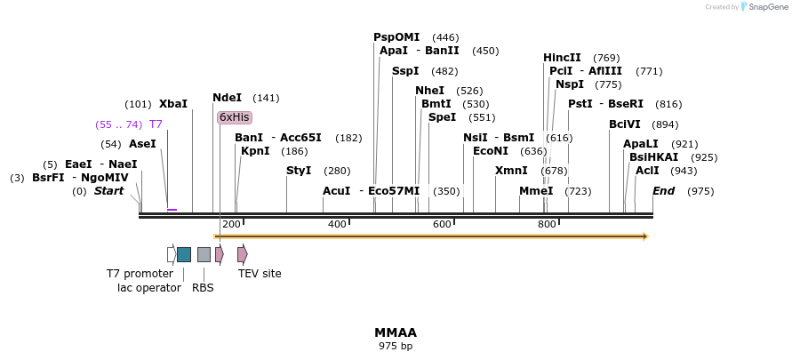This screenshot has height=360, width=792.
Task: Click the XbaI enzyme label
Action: pyautogui.click(x=173, y=104)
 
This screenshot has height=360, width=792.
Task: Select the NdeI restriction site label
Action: pyautogui.click(x=227, y=98)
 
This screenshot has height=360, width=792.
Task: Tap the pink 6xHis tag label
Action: pyautogui.click(x=235, y=117)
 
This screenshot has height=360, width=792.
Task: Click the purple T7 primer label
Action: pyautogui.click(x=156, y=124)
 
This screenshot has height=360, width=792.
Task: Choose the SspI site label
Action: pyautogui.click(x=405, y=71)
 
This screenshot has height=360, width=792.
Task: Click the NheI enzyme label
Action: pyautogui.click(x=429, y=91)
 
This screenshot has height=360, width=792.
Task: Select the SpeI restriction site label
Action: pyautogui.click(x=442, y=117)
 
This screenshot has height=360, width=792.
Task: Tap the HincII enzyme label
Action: pyautogui.click(x=562, y=58)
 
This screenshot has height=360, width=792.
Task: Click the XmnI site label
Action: pyautogui.click(x=511, y=170)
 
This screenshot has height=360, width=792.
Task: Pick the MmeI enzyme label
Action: pyautogui.click(x=536, y=191)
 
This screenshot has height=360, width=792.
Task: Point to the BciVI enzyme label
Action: pyautogui.click(x=625, y=124)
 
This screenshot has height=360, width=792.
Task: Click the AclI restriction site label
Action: pyautogui.click(x=647, y=170)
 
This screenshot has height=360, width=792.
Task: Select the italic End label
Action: pyautogui.click(x=664, y=191)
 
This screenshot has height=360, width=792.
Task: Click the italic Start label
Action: pyautogui.click(x=109, y=191)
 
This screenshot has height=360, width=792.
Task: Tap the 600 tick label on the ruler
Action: pyautogui.click(x=443, y=224)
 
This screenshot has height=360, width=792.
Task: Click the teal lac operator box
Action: pyautogui.click(x=184, y=254)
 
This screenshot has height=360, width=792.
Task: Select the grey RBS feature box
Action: pyautogui.click(x=204, y=254)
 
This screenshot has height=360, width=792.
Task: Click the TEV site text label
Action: pyautogui.click(x=260, y=274)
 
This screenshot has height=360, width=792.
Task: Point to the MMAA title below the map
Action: pyautogui.click(x=395, y=332)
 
